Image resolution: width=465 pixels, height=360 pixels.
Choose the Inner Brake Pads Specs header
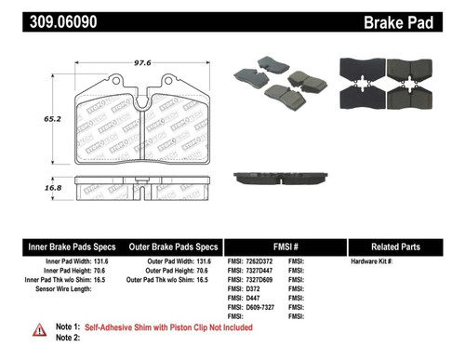(x=72, y=247)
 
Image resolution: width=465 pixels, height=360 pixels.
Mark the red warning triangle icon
(x=39, y=330)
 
